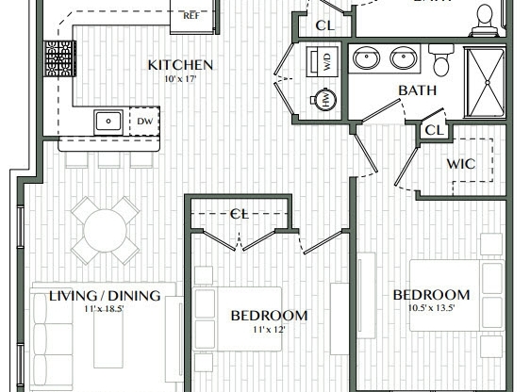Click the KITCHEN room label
180,65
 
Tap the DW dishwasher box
144,121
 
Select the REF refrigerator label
190,15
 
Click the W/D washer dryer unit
325,63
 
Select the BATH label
416,90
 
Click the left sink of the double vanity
365,59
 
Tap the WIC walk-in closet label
460,164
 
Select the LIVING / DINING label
104,295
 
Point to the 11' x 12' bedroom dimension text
268,330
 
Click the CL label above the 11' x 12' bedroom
240,214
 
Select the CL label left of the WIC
434,129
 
